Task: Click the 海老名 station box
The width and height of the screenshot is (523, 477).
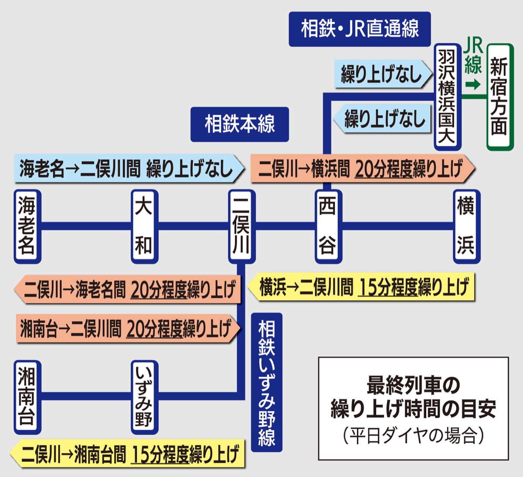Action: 27,226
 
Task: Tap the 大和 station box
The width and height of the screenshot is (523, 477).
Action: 144,226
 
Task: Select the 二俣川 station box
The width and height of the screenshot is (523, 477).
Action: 241,226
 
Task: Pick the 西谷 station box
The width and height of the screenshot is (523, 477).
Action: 328,226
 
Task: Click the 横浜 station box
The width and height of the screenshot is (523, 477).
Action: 466,226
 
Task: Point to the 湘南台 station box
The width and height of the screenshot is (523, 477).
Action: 27,396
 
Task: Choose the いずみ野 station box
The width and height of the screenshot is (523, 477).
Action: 144,396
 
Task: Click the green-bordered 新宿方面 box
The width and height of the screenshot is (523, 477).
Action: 499,97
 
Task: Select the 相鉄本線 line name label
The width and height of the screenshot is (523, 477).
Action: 240,124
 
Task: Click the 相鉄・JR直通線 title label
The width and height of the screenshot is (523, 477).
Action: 360,29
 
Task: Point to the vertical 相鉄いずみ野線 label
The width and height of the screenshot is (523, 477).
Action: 266,382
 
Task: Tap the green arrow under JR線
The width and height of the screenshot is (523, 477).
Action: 472,84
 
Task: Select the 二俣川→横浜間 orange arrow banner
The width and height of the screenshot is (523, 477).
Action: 362,169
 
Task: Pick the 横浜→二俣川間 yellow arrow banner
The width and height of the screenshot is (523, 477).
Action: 362,287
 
